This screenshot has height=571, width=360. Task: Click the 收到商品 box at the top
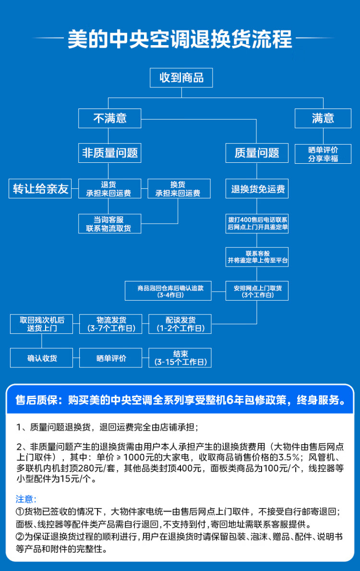[181, 78]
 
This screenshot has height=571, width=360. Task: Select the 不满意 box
[109, 118]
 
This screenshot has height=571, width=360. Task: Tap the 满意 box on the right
[323, 118]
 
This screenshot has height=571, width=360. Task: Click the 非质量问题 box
[109, 153]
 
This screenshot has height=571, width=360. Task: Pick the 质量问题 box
[257, 153]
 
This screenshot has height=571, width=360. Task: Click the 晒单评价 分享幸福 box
[323, 154]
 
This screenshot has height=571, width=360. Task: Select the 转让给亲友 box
[40, 188]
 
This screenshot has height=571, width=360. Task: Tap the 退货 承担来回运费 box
[109, 188]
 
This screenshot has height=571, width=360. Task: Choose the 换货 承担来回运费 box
[179, 188]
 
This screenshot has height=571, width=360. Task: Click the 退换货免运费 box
[257, 189]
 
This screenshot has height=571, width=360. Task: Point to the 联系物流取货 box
[109, 224]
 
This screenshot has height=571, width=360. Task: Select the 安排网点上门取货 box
[257, 291]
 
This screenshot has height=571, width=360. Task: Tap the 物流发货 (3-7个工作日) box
[110, 324]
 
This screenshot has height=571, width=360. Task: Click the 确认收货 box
[42, 358]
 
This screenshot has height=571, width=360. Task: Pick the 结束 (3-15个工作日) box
[180, 358]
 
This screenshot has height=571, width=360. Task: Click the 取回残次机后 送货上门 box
[42, 324]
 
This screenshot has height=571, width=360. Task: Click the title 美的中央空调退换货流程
[180, 39]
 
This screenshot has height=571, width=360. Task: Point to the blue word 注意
[26, 499]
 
